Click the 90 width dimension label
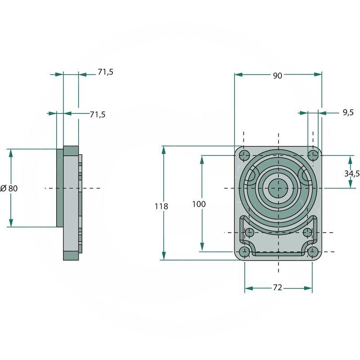[277, 76]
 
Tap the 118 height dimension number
[161, 207]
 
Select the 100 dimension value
[199, 204]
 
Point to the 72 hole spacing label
[277, 288]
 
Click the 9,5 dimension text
[348, 112]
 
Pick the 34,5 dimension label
[352, 174]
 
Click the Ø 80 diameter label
[9, 188]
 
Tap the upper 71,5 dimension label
[105, 72]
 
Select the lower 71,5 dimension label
[97, 114]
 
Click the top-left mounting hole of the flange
[244, 155]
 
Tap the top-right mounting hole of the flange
[313, 155]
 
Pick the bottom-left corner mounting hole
[244, 252]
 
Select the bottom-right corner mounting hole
[313, 252]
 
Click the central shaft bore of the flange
[278, 188]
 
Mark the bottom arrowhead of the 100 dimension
[202, 247]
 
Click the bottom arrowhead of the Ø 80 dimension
[11, 223]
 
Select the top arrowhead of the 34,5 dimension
[350, 160]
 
